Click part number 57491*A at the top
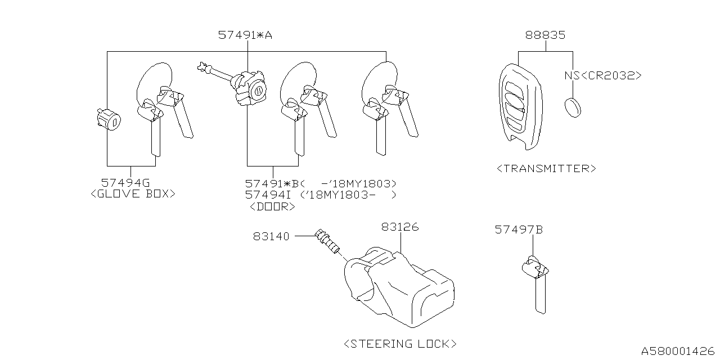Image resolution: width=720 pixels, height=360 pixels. point(245,35)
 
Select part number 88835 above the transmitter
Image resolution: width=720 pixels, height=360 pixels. point(545,35)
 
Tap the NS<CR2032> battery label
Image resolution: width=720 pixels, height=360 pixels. point(602,75)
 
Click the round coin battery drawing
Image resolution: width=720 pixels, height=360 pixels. point(573,107)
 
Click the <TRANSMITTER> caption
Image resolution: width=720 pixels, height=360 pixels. point(546,168)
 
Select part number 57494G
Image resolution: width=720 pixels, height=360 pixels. point(125,183)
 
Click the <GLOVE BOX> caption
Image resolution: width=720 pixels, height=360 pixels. point(133,193)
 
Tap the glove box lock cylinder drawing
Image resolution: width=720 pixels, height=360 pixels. point(108,120)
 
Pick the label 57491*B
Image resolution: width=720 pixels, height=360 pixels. point(274,183)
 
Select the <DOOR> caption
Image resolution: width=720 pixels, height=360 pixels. point(272,206)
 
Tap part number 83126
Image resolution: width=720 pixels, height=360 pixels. point(400,227)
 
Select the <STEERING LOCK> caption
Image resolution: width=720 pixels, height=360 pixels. point(400,343)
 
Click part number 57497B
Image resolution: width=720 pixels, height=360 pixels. point(519,229)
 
